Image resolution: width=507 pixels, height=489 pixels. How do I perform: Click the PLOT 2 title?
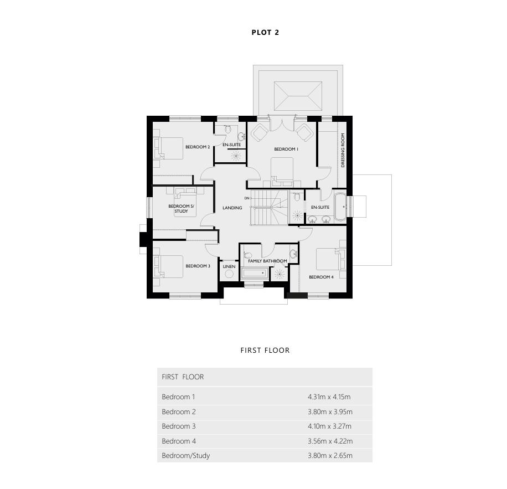click(265, 32)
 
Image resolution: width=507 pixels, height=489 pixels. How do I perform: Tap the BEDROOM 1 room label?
click(286, 149)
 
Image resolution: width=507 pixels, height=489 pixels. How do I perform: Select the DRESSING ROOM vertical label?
click(343, 150)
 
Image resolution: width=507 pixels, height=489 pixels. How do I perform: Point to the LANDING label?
click(232, 208)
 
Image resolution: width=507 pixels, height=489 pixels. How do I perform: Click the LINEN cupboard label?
click(229, 266)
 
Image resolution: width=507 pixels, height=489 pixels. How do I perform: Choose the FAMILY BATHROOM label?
click(267, 261)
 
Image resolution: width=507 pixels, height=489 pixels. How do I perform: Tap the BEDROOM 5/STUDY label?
click(181, 209)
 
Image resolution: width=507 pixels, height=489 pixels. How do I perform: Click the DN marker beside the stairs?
click(247, 198)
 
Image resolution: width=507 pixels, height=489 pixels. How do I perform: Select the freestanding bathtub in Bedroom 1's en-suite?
click(340, 207)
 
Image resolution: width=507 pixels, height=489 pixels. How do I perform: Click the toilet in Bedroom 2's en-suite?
click(228, 128)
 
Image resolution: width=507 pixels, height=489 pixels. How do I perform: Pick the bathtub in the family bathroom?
click(255, 273)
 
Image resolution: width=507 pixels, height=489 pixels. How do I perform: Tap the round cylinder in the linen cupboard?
click(229, 274)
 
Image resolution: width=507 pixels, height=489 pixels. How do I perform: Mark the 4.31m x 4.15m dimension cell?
click(329, 397)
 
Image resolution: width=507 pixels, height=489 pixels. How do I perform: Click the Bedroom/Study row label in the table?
click(186, 455)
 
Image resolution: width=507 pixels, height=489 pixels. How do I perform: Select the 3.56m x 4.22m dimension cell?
click(330, 441)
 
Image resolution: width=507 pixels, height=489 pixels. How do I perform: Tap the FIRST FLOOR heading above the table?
click(265, 350)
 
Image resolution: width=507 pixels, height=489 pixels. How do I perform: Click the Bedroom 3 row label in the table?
click(179, 426)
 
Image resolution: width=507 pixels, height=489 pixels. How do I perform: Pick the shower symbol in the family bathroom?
click(280, 274)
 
